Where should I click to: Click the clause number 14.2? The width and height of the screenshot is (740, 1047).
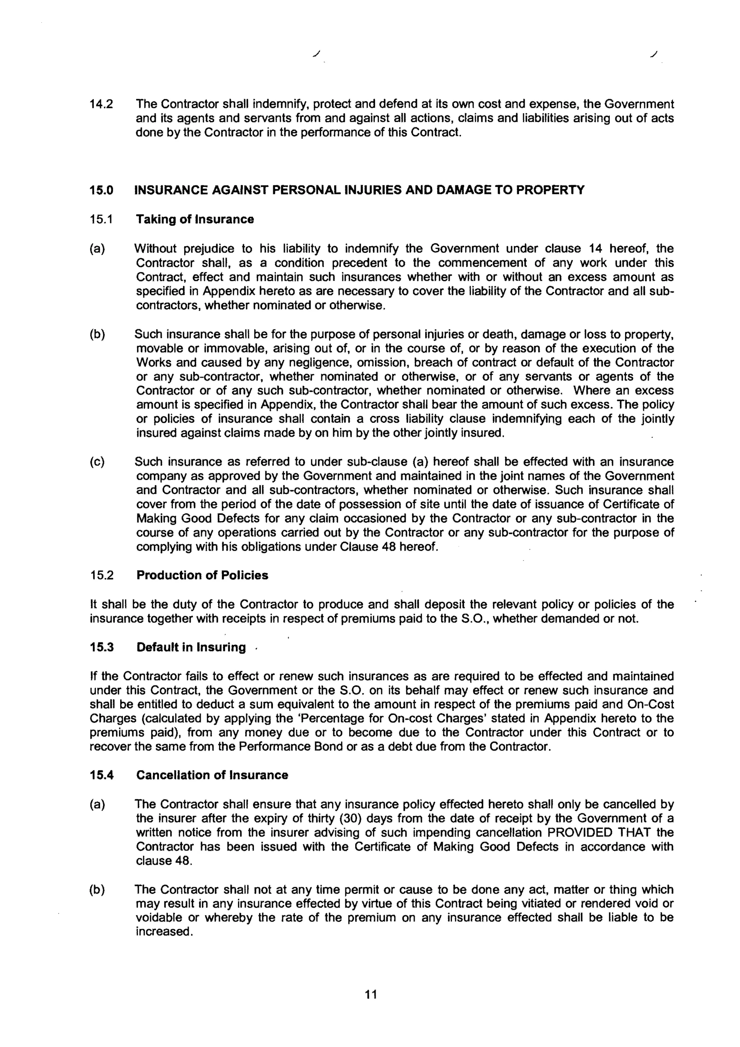click(x=101, y=105)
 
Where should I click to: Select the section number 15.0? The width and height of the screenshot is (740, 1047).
click(x=101, y=190)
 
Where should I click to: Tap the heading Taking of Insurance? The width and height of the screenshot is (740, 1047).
click(x=195, y=219)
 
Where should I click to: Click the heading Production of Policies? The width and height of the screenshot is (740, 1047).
click(x=202, y=575)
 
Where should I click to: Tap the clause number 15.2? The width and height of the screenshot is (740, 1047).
click(x=101, y=575)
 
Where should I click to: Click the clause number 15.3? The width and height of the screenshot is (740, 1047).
click(x=101, y=647)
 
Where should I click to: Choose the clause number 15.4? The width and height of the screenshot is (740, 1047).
click(x=101, y=775)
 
